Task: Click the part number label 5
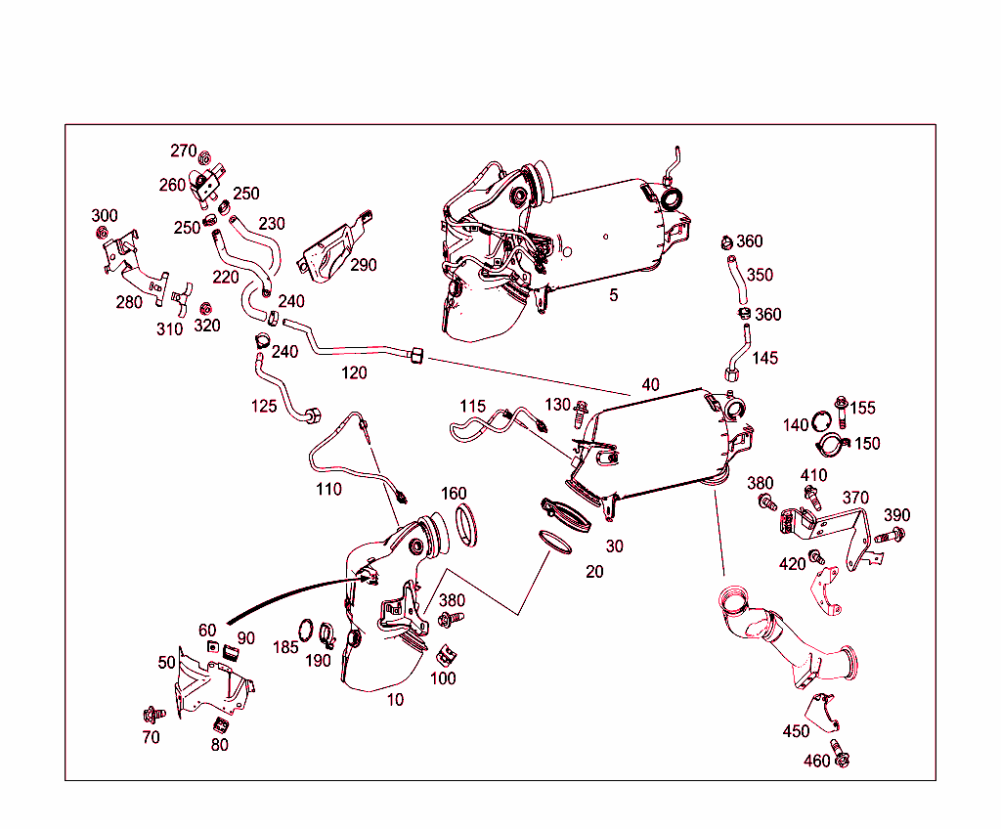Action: tap(614, 294)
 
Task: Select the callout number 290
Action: tap(363, 265)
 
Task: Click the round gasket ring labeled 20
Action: tap(557, 542)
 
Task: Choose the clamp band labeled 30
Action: tap(566, 516)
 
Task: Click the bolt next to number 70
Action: tap(152, 714)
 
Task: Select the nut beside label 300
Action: tap(101, 233)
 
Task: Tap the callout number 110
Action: tap(328, 488)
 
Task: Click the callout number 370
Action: tap(855, 499)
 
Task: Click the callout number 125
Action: tap(264, 406)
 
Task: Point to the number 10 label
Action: tap(395, 700)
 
